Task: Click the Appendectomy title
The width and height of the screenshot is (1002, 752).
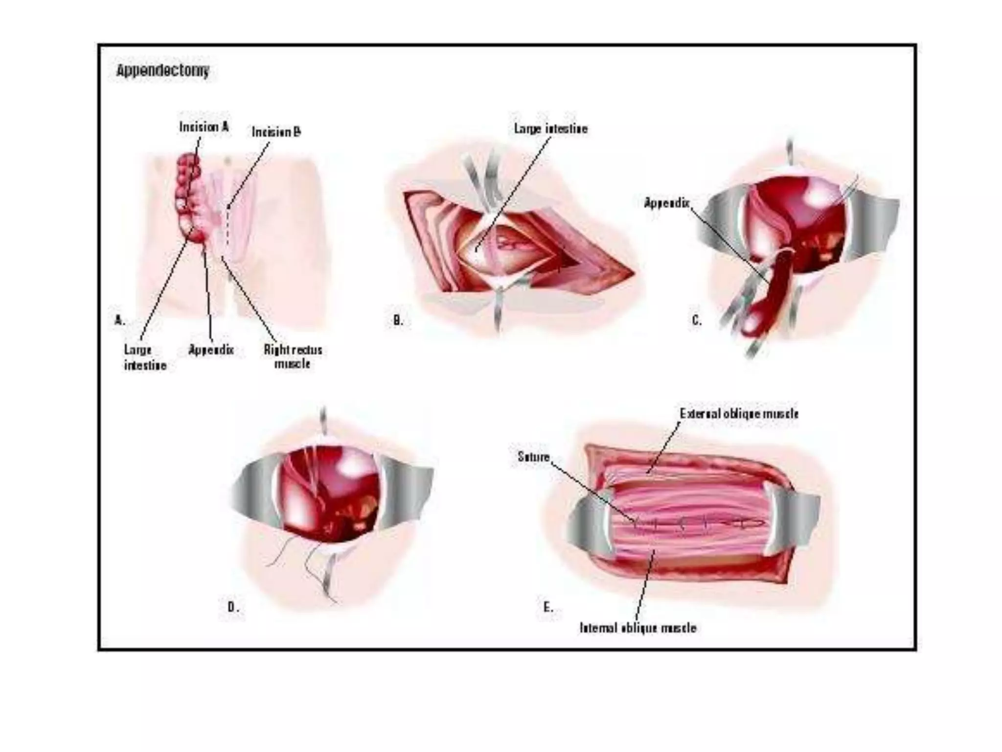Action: [162, 71]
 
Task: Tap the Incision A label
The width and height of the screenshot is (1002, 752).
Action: [204, 127]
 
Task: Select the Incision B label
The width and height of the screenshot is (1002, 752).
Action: [276, 132]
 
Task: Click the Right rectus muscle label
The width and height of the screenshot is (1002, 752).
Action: [293, 356]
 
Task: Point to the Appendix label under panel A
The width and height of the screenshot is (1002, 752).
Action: [211, 350]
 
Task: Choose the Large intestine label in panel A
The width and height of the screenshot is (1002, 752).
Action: [145, 357]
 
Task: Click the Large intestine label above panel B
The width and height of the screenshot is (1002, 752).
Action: [550, 129]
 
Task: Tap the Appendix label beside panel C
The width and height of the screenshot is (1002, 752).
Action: [666, 203]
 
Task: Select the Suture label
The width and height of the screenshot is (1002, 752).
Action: [533, 457]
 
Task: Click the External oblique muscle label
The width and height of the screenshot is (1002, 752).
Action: [739, 414]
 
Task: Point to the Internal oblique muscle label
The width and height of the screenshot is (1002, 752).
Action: [638, 628]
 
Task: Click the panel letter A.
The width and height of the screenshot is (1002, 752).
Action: [119, 320]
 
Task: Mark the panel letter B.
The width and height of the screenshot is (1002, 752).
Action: [398, 320]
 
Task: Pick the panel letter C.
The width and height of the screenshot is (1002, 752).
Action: [696, 320]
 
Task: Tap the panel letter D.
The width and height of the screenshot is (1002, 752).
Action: [233, 607]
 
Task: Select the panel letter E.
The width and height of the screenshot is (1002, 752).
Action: [548, 607]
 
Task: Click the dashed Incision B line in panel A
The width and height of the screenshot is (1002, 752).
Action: [228, 225]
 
